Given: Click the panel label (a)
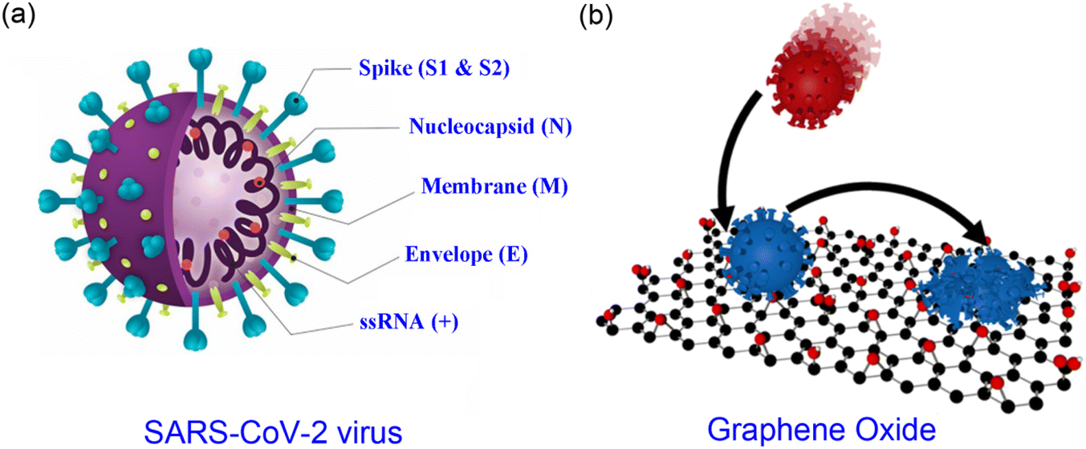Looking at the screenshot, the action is coord(18,16).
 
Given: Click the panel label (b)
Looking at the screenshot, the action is coord(596,16).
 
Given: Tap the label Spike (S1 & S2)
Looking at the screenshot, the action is coord(434,67).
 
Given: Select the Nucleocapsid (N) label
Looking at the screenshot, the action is coord(490,126).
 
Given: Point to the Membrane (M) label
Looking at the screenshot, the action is coord(494,186).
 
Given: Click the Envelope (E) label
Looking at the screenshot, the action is coord(466,254).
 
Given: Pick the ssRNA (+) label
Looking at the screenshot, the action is coord(409,321).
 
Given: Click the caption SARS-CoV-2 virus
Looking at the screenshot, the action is coord(273,431).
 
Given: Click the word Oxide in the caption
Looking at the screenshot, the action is coord(895,428).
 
